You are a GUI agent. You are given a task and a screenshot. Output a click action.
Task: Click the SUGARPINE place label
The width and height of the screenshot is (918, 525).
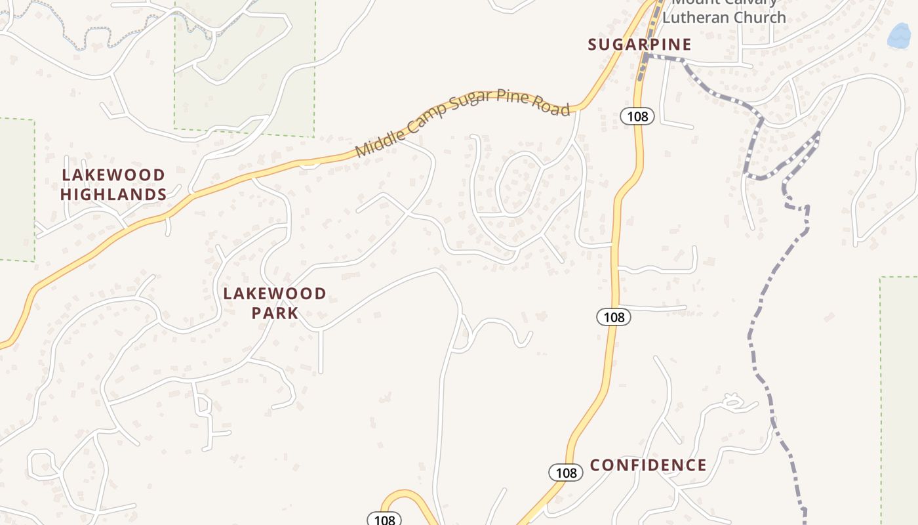pos(639,45)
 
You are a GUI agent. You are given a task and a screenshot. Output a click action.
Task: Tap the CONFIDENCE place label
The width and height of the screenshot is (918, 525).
pos(648,465)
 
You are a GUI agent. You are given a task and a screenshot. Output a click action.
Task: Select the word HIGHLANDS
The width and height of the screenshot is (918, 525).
pos(113,195)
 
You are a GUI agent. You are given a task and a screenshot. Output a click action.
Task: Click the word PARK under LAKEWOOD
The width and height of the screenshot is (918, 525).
pos(275,313)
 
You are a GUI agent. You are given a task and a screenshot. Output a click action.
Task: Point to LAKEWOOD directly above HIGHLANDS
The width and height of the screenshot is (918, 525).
pos(113,175)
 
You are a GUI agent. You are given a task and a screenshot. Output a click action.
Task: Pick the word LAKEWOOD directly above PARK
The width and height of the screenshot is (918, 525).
pos(275,293)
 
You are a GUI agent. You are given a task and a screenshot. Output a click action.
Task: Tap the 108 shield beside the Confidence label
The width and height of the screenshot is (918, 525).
pos(565,472)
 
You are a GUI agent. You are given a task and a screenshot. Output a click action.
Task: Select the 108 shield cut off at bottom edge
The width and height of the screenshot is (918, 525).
pos(384,520)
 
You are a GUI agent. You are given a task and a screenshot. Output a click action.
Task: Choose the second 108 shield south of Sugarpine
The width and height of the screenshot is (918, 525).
pos(614,318)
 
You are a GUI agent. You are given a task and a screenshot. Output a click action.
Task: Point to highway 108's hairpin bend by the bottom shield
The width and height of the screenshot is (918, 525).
pos(403,493)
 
